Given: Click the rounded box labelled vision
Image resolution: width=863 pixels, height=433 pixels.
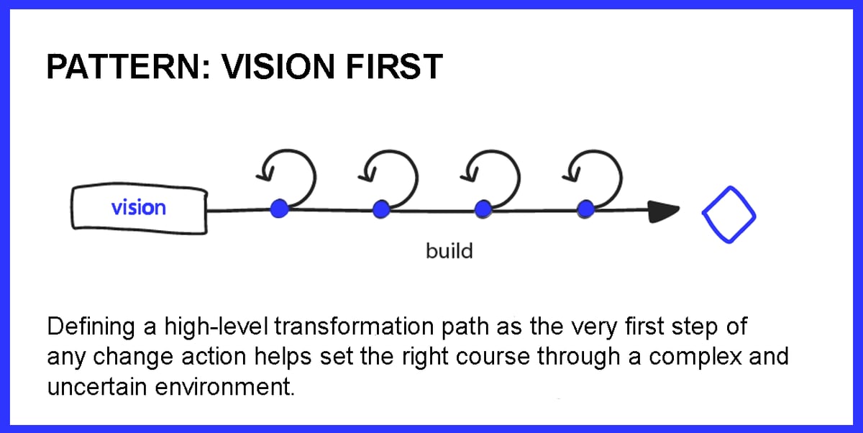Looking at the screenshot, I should tap(139, 209).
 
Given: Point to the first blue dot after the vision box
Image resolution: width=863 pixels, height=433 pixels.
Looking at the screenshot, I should tap(279, 209).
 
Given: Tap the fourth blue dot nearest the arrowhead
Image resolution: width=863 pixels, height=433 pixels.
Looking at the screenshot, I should tap(586, 209).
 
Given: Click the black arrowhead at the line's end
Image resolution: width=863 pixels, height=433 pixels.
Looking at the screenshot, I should tap(663, 211).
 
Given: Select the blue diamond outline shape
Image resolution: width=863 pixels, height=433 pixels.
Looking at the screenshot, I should tap(729, 213).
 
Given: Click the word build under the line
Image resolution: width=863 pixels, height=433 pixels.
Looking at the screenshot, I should tap(449, 252).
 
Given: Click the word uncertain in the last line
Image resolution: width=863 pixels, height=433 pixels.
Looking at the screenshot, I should tap(91, 386).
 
